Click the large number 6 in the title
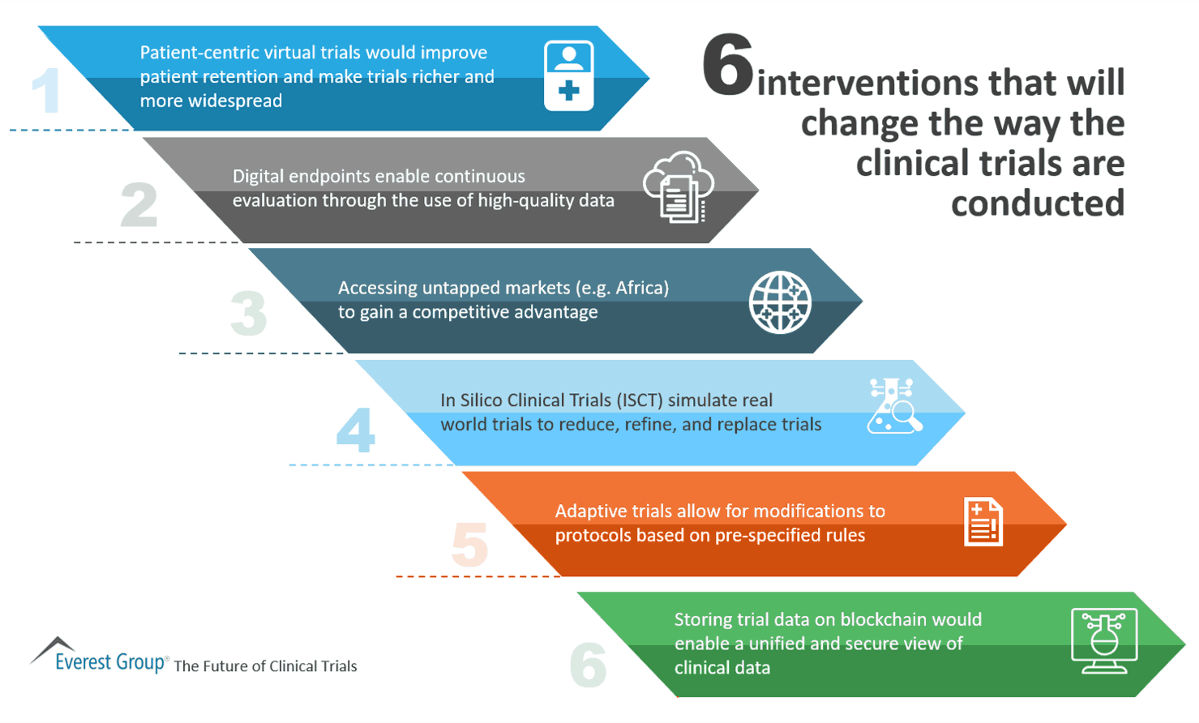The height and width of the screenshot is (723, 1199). pyautogui.click(x=727, y=66)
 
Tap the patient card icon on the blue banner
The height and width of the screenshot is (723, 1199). pyautogui.click(x=568, y=75)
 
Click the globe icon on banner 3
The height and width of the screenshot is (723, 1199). pyautogui.click(x=779, y=302)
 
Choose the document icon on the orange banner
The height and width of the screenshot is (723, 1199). pyautogui.click(x=983, y=522)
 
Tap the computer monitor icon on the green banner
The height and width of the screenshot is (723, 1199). pyautogui.click(x=1103, y=640)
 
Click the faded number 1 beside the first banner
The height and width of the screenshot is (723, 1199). pyautogui.click(x=46, y=90)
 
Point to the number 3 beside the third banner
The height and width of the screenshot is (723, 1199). pyautogui.click(x=248, y=314)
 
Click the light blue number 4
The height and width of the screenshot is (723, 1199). pyautogui.click(x=355, y=430)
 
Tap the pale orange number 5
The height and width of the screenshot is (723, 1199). pyautogui.click(x=469, y=544)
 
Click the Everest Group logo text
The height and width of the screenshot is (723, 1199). pyautogui.click(x=109, y=662)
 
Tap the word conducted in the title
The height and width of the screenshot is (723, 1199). pyautogui.click(x=1037, y=203)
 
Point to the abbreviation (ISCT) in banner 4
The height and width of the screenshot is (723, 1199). pyautogui.click(x=639, y=400)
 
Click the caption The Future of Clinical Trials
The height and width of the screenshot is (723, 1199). pyautogui.click(x=265, y=666)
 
